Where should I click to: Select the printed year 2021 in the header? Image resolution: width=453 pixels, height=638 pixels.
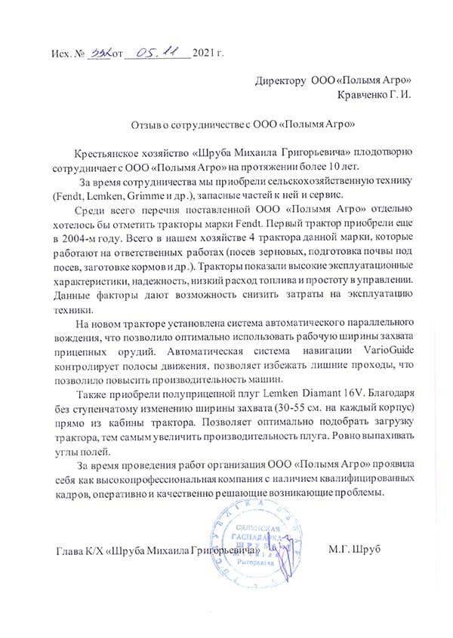coord(205,54)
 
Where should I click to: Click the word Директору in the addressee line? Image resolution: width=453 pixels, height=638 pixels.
coord(280,80)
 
